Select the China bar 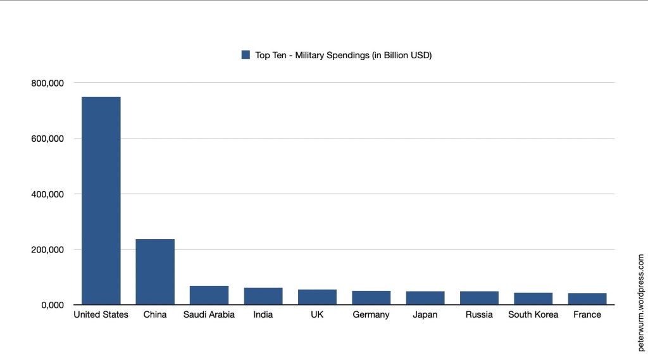click(155, 271)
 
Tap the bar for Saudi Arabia click(209, 295)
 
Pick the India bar click(263, 296)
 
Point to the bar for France click(587, 299)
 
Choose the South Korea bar click(533, 299)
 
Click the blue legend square click(246, 55)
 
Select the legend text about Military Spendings click(344, 55)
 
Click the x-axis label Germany click(371, 314)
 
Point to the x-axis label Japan click(425, 314)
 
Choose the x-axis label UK click(317, 314)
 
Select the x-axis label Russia click(479, 314)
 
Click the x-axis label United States click(101, 314)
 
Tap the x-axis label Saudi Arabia click(209, 314)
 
